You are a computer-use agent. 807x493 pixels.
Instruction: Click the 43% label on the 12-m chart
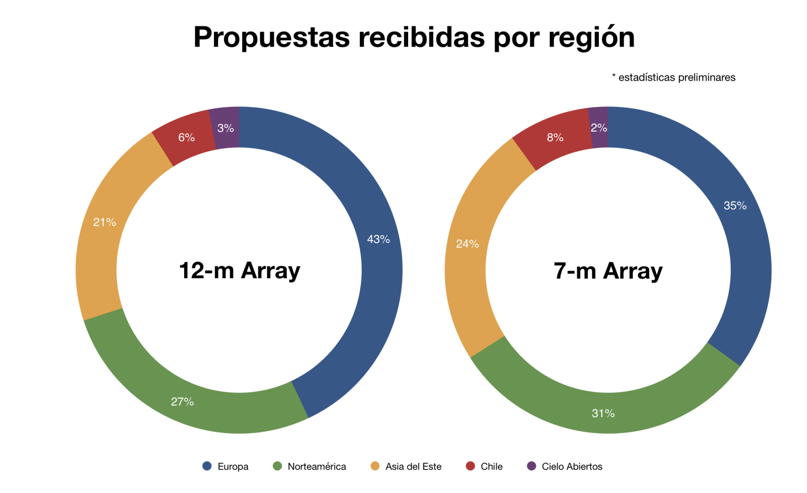point(378,239)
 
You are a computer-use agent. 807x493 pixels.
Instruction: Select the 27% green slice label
point(182,402)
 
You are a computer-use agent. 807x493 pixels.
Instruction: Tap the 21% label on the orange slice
point(105,222)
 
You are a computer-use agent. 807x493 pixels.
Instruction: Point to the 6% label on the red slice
point(186,137)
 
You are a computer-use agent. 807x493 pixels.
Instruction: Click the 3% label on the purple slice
point(226,128)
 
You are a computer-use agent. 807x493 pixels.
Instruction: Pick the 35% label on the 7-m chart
point(735,206)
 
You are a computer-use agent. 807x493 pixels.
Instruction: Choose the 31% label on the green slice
point(603,414)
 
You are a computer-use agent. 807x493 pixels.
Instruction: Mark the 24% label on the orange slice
point(467,244)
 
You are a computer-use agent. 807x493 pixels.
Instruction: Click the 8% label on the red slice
point(555,137)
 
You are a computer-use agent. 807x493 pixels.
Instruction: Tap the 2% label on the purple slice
point(599,128)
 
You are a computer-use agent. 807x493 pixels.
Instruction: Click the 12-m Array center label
point(240,270)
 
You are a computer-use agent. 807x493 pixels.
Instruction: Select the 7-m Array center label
point(608,271)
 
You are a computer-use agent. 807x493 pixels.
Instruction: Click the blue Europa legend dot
point(207,466)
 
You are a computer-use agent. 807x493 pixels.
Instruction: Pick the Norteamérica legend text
point(316,467)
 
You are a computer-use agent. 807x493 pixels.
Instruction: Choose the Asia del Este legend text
point(413,467)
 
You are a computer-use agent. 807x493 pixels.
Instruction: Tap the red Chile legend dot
point(470,466)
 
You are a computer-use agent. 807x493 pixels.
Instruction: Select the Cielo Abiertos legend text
point(572,467)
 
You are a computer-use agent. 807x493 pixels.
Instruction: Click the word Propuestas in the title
point(272,38)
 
